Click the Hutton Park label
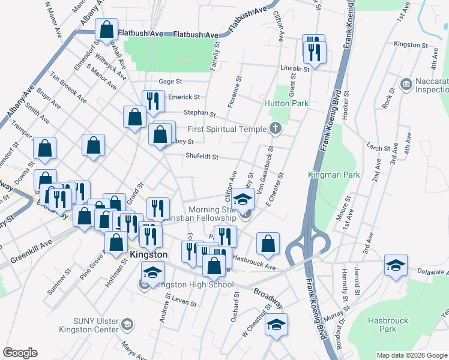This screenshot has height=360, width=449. coord(286,103)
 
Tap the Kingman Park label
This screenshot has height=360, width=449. coord(333,175)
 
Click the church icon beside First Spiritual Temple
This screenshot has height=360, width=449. coord(275,127)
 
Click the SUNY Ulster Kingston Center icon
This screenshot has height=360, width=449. coord(127,325)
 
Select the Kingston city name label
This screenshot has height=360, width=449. coord(147,255)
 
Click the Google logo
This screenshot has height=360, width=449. coord(20,352)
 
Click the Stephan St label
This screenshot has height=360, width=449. coord(199,113)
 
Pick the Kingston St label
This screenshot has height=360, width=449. coord(411,45)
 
